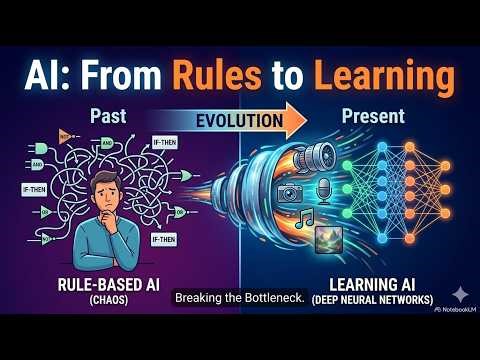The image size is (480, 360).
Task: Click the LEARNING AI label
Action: coord(370,283)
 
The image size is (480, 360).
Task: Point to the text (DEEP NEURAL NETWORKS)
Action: coord(371,300)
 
